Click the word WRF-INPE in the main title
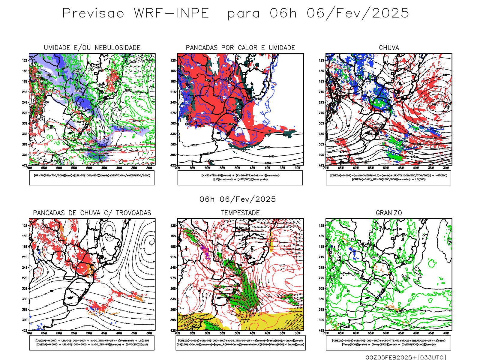(171, 13)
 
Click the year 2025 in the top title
(391, 13)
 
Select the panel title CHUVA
(389, 48)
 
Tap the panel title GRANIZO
(389, 213)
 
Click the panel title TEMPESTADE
(240, 213)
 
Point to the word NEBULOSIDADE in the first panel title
(118, 48)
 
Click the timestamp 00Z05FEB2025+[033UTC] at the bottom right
(406, 357)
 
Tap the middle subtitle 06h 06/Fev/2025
(238, 199)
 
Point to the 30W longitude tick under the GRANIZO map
(446, 333)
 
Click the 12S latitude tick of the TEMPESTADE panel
(173, 226)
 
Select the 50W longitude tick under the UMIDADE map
(89, 168)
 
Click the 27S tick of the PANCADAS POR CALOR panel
(173, 113)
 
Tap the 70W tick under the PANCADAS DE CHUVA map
(29, 333)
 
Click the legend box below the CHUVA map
(388, 178)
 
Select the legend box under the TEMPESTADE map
(240, 343)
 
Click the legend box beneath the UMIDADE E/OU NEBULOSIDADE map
(92, 178)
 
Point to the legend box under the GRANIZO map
(388, 343)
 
